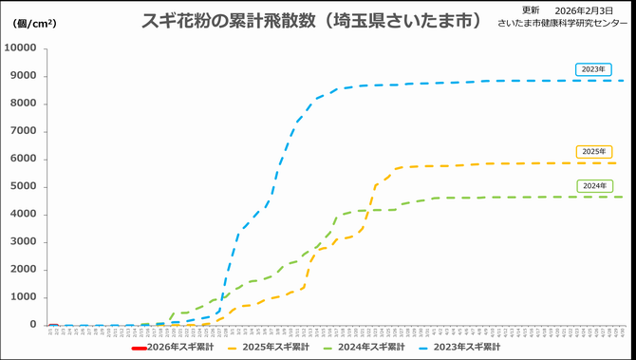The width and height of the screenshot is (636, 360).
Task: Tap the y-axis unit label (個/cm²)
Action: click(x=33, y=23)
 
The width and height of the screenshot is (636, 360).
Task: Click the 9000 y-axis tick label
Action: click(x=22, y=76)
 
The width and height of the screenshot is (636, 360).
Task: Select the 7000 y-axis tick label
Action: click(x=22, y=131)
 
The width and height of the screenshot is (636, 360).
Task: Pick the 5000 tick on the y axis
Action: click(x=22, y=186)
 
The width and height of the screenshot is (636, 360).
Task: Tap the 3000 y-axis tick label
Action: click(x=22, y=241)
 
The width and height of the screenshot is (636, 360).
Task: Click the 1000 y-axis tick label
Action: click(x=22, y=297)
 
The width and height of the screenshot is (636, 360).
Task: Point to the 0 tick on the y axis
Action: click(x=32, y=325)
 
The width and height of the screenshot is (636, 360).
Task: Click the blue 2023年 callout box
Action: click(x=593, y=69)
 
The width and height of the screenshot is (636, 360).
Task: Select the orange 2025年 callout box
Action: click(x=593, y=151)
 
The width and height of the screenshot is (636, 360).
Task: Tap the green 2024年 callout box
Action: click(x=593, y=185)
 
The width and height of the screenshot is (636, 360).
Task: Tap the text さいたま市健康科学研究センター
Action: click(x=562, y=21)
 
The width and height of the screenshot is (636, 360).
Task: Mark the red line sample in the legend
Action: click(x=139, y=348)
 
